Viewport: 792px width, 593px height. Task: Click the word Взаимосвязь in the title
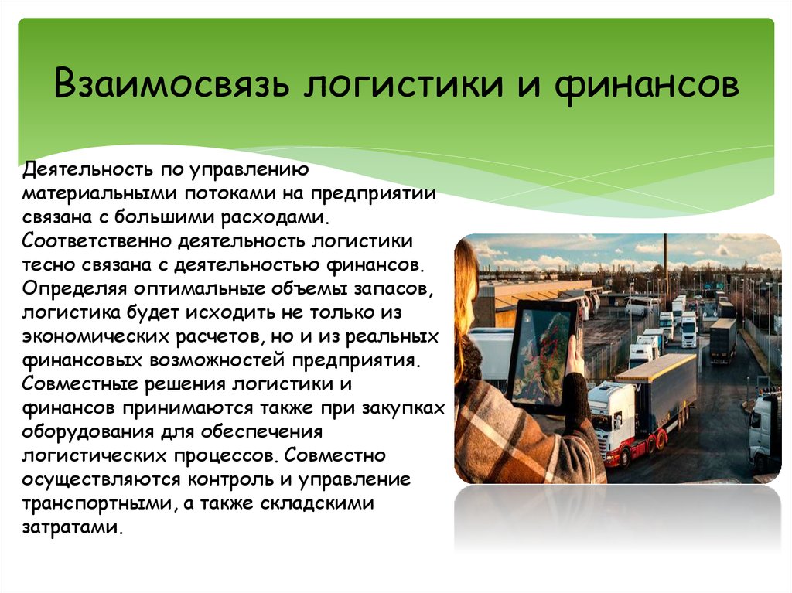pyautogui.click(x=171, y=82)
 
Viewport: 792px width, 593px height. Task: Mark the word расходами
pyautogui.click(x=276, y=217)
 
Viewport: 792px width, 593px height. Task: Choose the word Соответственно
pyautogui.click(x=97, y=241)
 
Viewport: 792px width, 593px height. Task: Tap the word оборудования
pyautogui.click(x=88, y=432)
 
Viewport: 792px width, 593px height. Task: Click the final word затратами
pyautogui.click(x=72, y=527)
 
